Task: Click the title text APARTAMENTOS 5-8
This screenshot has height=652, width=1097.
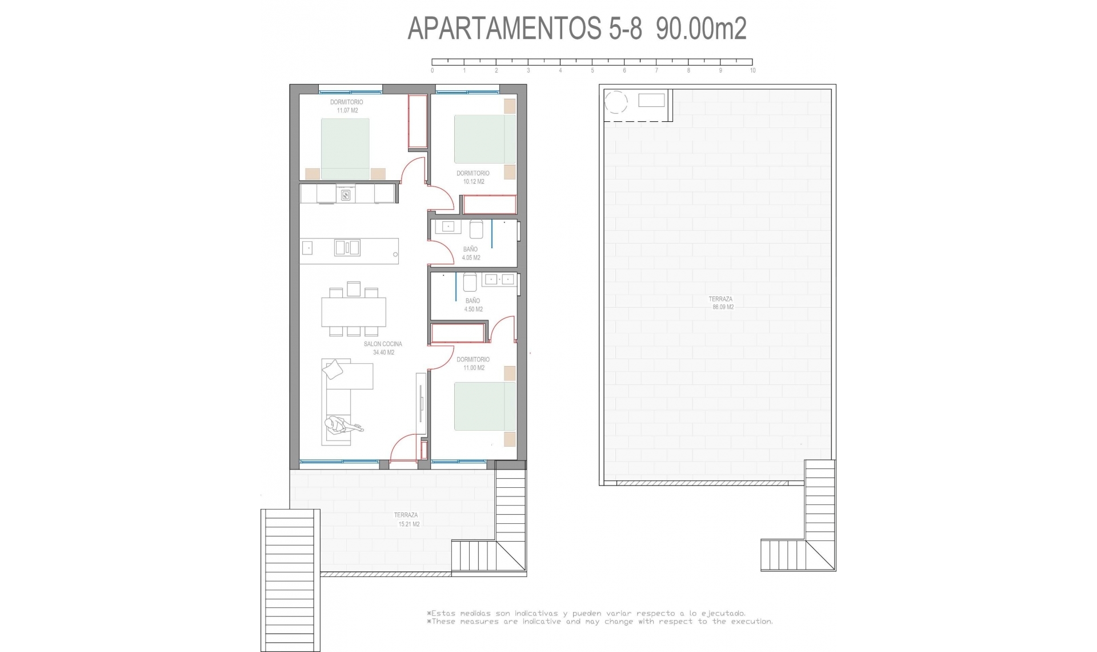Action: point(525,29)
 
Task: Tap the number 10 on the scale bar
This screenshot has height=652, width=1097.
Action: point(752,70)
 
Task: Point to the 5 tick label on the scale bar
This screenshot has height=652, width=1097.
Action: point(592,70)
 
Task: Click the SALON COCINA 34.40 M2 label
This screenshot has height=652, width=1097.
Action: point(383,348)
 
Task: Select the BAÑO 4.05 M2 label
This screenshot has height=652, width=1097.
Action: point(471,253)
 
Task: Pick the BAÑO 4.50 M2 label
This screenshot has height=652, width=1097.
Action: point(473,305)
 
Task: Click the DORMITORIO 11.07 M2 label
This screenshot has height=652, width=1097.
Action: point(347,106)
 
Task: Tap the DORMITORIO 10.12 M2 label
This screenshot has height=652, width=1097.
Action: point(473,177)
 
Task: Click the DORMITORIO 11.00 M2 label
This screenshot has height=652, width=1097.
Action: point(473,364)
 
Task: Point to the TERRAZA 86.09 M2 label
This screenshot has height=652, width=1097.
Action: point(722,303)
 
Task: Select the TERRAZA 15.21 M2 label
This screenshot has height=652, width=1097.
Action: point(407,519)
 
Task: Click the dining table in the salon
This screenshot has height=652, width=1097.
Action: point(353,312)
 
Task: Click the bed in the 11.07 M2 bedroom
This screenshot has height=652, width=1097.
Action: point(345,149)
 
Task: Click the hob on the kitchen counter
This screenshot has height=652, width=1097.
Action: point(346,196)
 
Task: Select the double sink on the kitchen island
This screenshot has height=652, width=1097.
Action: point(347,248)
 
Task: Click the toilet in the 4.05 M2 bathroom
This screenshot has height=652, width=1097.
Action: point(477,229)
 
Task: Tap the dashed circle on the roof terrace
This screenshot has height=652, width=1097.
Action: point(616,102)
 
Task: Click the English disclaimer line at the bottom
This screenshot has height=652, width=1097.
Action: point(600,622)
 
